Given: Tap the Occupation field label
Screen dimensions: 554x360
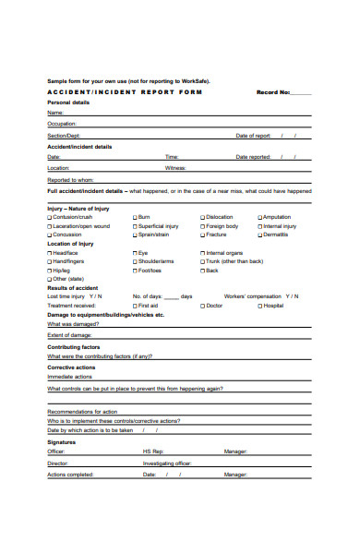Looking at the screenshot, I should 62,123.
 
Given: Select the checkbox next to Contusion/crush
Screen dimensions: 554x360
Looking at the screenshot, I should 50,218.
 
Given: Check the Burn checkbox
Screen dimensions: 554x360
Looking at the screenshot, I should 135,218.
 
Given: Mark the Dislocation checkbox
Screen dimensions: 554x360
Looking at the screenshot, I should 203,218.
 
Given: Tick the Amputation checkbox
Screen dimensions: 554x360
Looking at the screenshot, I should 259,218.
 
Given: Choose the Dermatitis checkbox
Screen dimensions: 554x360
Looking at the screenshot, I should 259,235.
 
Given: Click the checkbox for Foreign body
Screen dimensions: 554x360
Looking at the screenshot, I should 203,226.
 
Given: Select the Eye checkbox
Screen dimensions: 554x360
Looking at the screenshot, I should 135,253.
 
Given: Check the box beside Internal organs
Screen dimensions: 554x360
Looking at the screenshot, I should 203,253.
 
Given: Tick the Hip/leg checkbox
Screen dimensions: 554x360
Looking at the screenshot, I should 50,270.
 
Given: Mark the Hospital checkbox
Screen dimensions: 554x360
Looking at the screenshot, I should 259,305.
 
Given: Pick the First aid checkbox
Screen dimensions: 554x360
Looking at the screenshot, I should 135,305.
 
